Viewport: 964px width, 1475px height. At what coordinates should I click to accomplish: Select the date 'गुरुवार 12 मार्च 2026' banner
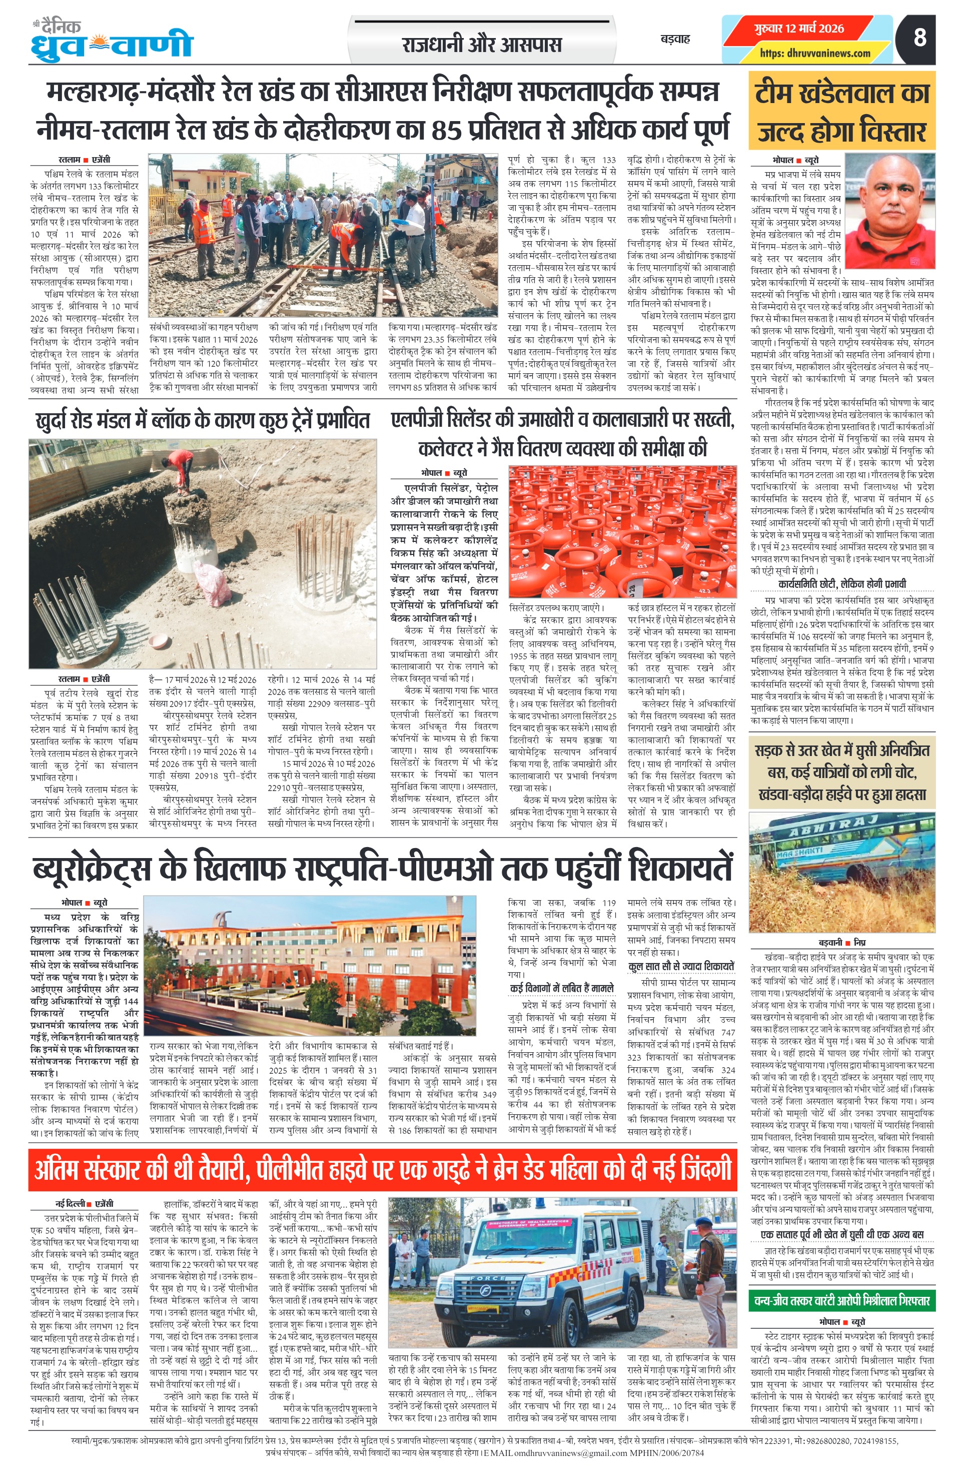click(x=799, y=29)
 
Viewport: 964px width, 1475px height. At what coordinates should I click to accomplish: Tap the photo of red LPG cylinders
click(x=622, y=531)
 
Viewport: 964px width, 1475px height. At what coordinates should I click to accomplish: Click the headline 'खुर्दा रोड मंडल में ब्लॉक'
click(x=203, y=421)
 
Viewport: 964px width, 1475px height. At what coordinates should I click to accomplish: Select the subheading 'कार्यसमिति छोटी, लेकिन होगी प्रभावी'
click(x=841, y=584)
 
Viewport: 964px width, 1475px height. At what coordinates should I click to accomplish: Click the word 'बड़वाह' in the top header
click(x=675, y=39)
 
